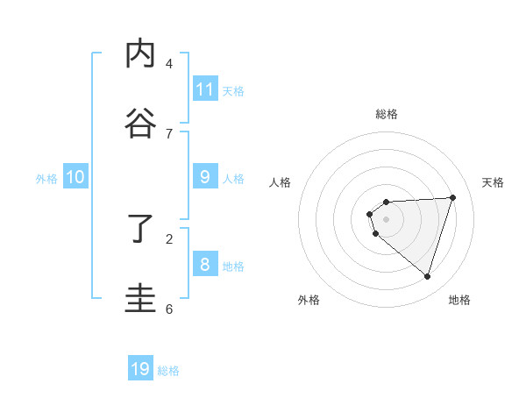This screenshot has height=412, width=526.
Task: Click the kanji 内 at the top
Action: pos(141,55)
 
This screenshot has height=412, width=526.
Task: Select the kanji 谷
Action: pos(141,124)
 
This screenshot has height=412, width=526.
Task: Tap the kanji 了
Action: pos(141,231)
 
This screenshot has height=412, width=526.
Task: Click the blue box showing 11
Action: pos(204,89)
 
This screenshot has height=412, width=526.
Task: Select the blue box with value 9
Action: pos(204,176)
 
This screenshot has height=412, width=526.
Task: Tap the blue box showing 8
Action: pos(204,264)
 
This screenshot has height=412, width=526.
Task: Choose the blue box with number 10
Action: pos(75,176)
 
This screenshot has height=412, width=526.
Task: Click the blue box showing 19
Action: pos(140,368)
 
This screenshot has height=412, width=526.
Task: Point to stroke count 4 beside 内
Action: pos(169,63)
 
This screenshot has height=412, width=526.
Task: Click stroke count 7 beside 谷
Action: pos(169,133)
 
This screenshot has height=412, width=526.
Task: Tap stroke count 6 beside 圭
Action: pos(169,309)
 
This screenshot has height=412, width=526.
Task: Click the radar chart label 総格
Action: pos(387,114)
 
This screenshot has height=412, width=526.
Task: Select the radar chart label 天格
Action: pos(493,182)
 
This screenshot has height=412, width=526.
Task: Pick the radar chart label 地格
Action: pos(459,300)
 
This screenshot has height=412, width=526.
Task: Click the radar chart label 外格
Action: pos(309,300)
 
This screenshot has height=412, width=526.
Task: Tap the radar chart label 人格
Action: pos(280,182)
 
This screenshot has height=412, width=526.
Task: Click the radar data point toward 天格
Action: pos(452,197)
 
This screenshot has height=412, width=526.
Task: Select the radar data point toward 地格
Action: pos(427,276)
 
